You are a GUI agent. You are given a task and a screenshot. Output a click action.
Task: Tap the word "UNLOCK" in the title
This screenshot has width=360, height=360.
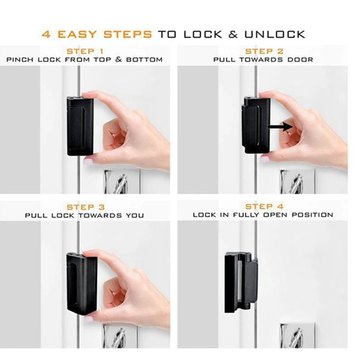[x=275, y=34]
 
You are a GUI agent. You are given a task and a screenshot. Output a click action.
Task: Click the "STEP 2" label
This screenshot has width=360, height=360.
[x=264, y=51]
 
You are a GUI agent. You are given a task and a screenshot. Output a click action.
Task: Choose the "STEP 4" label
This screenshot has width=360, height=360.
[x=264, y=207]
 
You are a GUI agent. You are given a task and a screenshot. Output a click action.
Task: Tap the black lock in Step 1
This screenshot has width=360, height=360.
[x=80, y=124]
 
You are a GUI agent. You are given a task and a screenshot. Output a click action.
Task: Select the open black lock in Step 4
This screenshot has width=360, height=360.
[x=241, y=282]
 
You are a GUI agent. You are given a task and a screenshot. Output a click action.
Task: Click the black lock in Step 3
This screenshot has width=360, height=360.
[x=81, y=282]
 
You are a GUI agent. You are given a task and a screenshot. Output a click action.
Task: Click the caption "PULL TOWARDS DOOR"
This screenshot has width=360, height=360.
[x=263, y=59]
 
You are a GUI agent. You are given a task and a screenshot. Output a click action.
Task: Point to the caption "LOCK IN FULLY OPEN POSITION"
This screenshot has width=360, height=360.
[x=263, y=215]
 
